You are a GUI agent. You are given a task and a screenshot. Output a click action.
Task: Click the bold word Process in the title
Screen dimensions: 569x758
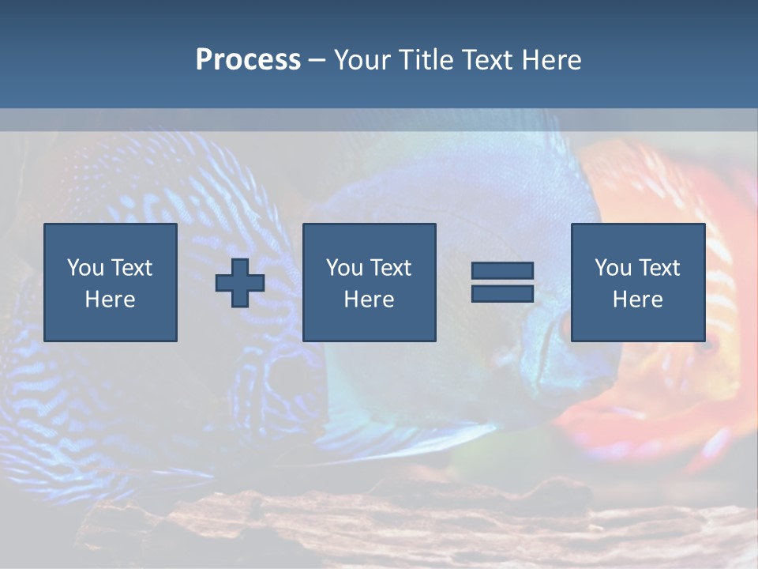(248, 60)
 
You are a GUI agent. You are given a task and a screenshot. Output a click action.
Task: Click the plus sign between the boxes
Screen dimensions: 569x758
(240, 283)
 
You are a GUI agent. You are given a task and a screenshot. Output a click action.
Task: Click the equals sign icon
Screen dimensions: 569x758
(502, 282)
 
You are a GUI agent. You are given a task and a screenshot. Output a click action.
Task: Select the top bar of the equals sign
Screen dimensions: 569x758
(502, 270)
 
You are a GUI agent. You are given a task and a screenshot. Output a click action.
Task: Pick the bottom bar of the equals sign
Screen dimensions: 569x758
(502, 294)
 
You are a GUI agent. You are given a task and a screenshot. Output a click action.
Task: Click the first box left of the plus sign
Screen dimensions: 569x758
(110, 282)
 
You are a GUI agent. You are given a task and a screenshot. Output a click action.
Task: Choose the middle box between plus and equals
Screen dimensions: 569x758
(369, 282)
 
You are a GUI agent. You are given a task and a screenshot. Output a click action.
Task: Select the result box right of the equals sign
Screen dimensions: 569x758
(637, 282)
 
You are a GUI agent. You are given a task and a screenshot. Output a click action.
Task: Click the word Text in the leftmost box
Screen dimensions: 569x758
(132, 268)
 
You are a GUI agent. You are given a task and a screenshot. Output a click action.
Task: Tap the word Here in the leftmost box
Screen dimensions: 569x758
(110, 300)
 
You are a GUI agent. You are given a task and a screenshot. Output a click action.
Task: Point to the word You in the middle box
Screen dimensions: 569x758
(344, 268)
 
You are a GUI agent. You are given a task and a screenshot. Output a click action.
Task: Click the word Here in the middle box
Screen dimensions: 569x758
(369, 300)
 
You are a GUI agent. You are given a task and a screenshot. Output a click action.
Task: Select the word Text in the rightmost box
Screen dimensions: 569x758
(659, 268)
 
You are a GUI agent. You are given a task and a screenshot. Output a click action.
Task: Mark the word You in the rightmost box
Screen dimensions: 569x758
(613, 268)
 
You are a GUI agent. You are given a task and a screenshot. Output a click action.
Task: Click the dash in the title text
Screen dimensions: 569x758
(317, 61)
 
